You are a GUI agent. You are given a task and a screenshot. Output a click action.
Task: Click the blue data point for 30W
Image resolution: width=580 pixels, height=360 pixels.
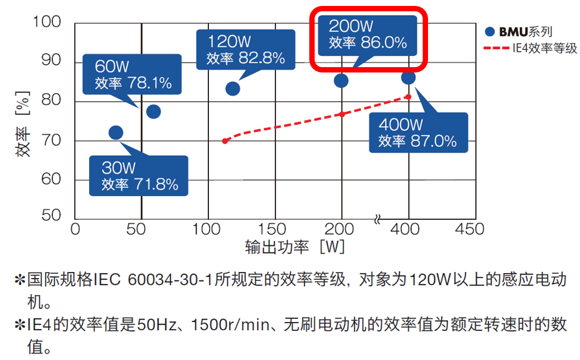(x=116, y=132)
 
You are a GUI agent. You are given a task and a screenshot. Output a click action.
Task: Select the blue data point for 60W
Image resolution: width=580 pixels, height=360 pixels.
(x=153, y=111)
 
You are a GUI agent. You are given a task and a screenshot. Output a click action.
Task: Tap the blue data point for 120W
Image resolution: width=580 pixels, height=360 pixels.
(x=233, y=89)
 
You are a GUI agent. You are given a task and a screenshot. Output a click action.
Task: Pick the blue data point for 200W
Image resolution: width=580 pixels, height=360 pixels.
(x=341, y=80)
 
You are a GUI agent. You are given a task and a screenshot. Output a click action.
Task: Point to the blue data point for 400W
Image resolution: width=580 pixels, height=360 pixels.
(x=408, y=78)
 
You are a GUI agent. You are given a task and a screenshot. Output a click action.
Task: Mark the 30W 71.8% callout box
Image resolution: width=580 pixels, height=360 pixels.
(x=139, y=176)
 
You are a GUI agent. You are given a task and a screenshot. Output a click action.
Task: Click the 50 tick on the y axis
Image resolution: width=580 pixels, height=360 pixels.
(x=52, y=215)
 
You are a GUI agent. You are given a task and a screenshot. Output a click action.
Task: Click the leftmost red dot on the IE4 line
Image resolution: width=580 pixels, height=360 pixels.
(x=225, y=141)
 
